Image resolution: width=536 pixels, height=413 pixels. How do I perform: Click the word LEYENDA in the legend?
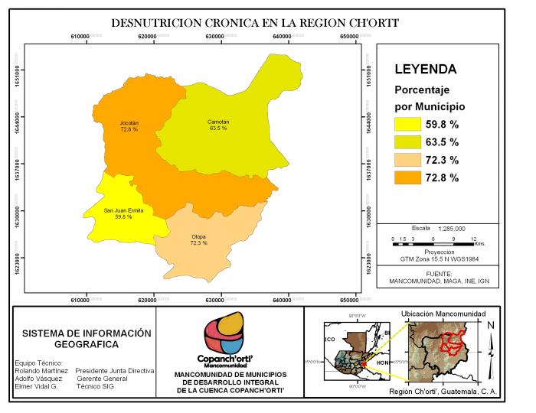point(426,69)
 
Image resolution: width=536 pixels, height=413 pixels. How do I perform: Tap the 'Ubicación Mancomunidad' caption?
point(443,314)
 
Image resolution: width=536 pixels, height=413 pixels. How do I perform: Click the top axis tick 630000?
point(222,37)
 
